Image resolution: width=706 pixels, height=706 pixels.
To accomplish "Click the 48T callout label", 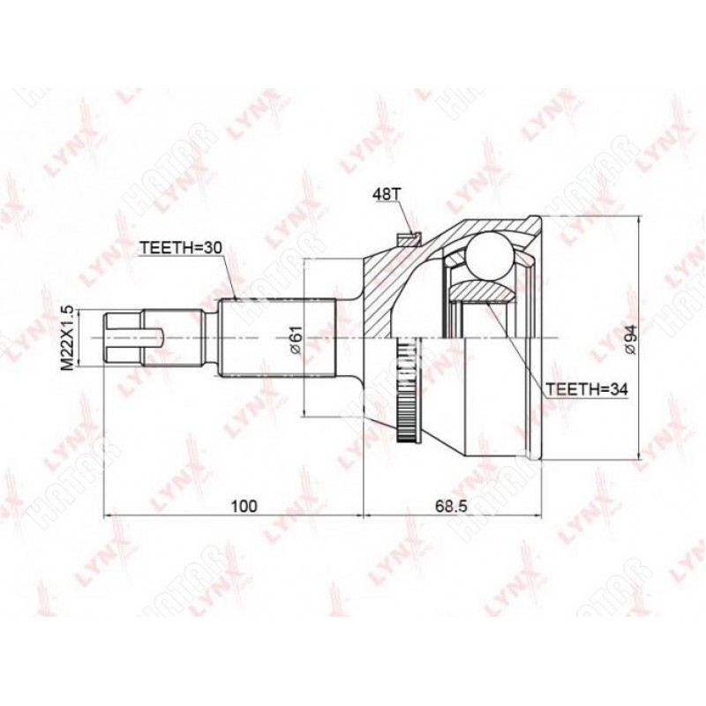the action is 386,195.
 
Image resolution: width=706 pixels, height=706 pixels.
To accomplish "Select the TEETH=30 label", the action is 180,248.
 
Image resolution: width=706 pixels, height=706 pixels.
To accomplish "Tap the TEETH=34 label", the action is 586,389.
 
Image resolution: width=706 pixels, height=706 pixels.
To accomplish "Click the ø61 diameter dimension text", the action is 296,339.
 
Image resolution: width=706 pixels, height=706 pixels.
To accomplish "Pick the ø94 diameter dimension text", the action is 630,340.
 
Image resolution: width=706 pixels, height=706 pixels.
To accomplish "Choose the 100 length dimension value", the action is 244,506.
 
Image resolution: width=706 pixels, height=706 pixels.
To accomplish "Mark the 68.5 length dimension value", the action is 451,506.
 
